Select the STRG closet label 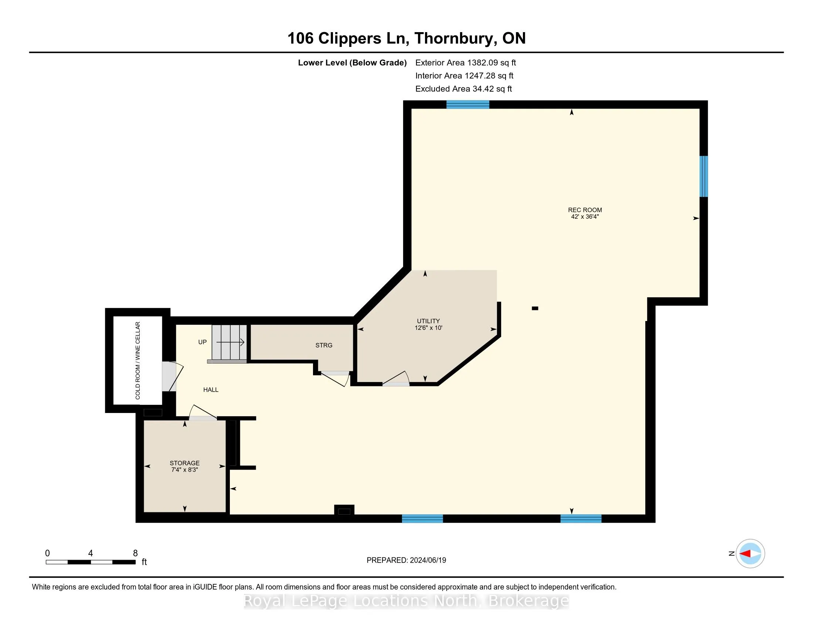[324, 345]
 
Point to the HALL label [211, 389]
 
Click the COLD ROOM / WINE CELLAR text [138, 361]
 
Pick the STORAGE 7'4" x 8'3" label [185, 466]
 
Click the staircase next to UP [229, 343]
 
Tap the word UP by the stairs [203, 342]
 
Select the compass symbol [750, 553]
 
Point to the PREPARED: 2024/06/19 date [406, 560]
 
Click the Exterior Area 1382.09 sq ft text [465, 62]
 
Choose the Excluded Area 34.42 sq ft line [463, 89]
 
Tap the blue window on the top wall [467, 105]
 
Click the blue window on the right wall [704, 176]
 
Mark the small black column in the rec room [535, 308]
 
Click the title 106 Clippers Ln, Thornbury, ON [406, 38]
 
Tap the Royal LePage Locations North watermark [406, 600]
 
